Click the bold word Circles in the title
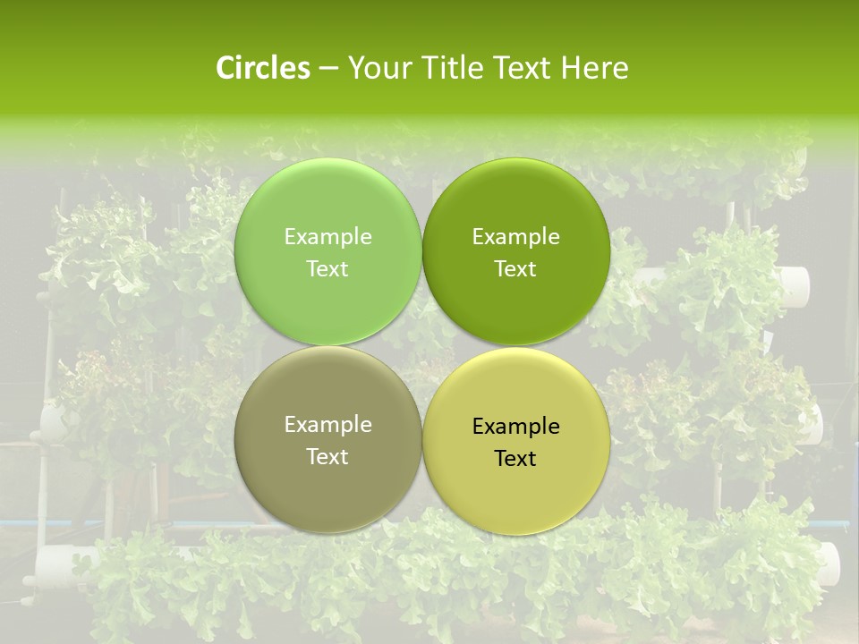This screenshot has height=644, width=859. [x=262, y=68]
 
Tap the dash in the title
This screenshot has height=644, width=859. [x=327, y=68]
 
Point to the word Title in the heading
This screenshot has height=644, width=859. [x=447, y=68]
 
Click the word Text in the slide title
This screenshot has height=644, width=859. [x=519, y=68]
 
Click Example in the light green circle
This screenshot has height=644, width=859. [x=327, y=236]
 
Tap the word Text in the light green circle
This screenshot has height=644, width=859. [x=327, y=268]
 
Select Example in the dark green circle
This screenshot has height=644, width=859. [x=515, y=236]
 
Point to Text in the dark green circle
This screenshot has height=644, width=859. [x=515, y=268]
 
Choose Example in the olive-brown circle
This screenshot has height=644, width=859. [x=327, y=424]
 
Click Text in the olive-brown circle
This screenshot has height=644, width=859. [x=327, y=456]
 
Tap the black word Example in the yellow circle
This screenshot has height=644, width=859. [x=515, y=426]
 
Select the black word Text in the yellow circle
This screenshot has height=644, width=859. [x=515, y=458]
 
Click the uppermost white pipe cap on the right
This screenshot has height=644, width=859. [x=795, y=284]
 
